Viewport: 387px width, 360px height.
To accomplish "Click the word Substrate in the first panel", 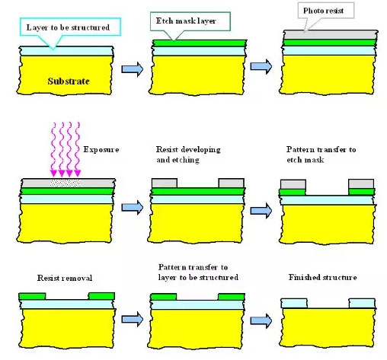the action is (69, 81).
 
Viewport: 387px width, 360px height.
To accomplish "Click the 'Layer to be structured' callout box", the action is (70, 27).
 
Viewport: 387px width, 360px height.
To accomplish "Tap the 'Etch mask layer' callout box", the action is (190, 21).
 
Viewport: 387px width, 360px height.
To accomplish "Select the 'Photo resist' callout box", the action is (326, 11).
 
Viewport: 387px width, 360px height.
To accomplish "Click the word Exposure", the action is (101, 149).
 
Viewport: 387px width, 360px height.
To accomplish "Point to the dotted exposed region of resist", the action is (66, 183).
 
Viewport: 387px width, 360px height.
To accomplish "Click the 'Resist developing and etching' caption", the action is (188, 155).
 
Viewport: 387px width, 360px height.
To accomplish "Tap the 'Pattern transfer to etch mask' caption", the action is (321, 155).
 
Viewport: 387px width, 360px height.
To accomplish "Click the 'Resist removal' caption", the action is (65, 278).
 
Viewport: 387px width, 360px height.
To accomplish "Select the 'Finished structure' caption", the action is (323, 277).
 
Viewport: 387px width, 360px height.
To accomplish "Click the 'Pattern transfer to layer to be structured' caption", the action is (198, 272).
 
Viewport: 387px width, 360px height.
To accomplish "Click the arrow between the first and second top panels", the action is (133, 69).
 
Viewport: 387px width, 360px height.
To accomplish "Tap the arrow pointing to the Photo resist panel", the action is (261, 66).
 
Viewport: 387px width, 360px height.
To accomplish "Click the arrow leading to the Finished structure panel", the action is (261, 321).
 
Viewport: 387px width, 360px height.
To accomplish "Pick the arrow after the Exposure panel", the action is (133, 207).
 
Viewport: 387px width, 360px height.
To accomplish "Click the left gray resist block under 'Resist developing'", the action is (165, 183).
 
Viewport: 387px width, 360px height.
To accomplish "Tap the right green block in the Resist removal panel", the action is (101, 296).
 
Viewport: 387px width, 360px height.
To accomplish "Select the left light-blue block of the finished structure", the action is (294, 303).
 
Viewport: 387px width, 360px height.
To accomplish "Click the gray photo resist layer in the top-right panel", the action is (331, 35).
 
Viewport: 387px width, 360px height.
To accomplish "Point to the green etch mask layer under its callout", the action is (200, 43).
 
